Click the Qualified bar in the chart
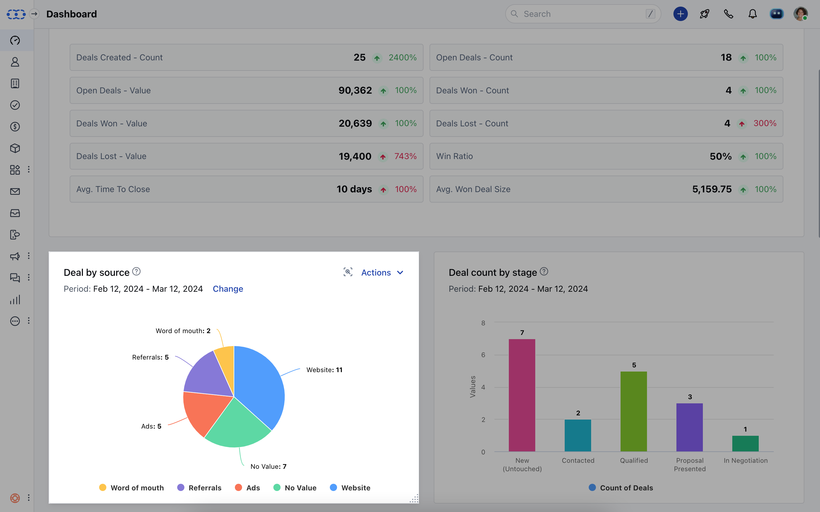click(x=633, y=411)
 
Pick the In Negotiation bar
click(x=745, y=443)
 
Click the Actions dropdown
click(x=382, y=273)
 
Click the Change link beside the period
click(x=228, y=289)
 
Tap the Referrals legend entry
click(x=199, y=488)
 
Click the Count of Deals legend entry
click(x=621, y=488)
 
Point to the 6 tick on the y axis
click(x=483, y=355)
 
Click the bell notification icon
click(x=753, y=14)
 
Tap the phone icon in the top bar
click(x=728, y=14)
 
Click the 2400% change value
click(x=402, y=58)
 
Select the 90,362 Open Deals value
click(x=355, y=90)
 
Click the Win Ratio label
click(x=454, y=156)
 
